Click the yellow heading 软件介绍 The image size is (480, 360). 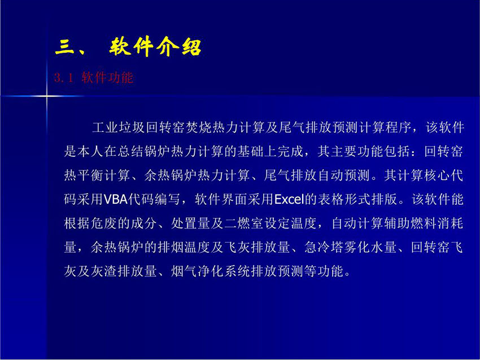[155, 47]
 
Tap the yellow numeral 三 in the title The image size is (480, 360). [64, 48]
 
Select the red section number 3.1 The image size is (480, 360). [64, 78]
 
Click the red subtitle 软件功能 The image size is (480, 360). [107, 78]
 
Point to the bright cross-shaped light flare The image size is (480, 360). [47, 96]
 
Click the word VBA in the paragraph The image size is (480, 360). [115, 199]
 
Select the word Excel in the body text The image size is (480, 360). [289, 199]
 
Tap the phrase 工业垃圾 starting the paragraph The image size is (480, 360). [119, 128]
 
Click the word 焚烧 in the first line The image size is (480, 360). [199, 128]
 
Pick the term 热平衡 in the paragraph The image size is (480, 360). [84, 175]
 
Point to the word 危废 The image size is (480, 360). [104, 223]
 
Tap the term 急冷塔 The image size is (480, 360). [324, 248]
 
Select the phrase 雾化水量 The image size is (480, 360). [370, 248]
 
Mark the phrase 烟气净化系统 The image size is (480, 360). [211, 271]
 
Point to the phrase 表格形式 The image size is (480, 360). [344, 199]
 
